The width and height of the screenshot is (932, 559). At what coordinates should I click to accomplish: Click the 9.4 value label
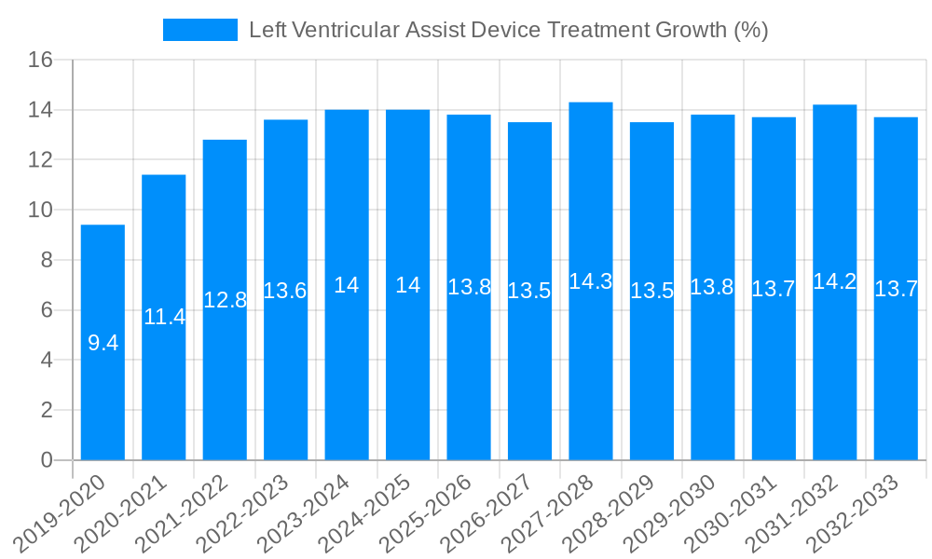click(103, 343)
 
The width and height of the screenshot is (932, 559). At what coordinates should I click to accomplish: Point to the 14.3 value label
click(591, 281)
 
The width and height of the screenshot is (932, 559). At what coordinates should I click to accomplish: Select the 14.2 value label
click(835, 281)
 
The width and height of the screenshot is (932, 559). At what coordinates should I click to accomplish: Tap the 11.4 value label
click(164, 317)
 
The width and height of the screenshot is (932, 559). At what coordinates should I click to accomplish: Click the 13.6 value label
click(285, 291)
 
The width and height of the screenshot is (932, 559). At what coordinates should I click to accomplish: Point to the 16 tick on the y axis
click(41, 61)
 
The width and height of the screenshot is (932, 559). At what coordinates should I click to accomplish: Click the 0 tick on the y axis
click(48, 460)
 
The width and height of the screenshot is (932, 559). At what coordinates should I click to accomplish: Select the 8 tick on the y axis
click(48, 260)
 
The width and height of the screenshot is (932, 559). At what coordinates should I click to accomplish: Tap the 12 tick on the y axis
click(41, 160)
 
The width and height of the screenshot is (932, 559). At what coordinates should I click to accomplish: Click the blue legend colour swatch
click(199, 30)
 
